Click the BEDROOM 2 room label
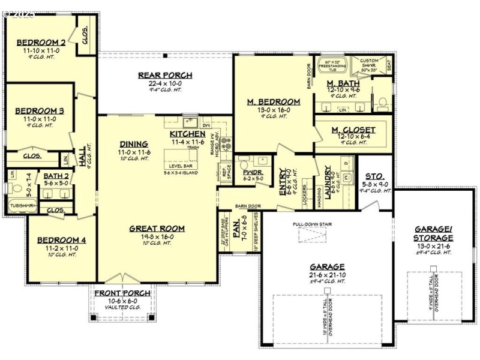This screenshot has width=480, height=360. point(41,43)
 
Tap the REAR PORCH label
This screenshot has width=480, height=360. point(157,75)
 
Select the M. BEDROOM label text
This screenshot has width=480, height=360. point(274,102)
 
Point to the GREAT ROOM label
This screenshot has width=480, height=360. point(158,229)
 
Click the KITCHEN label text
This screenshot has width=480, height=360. point(187,133)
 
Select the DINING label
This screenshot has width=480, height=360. point(134,144)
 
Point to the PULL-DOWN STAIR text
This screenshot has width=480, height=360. point(313,224)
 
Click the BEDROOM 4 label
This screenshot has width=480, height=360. point(62,241)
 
